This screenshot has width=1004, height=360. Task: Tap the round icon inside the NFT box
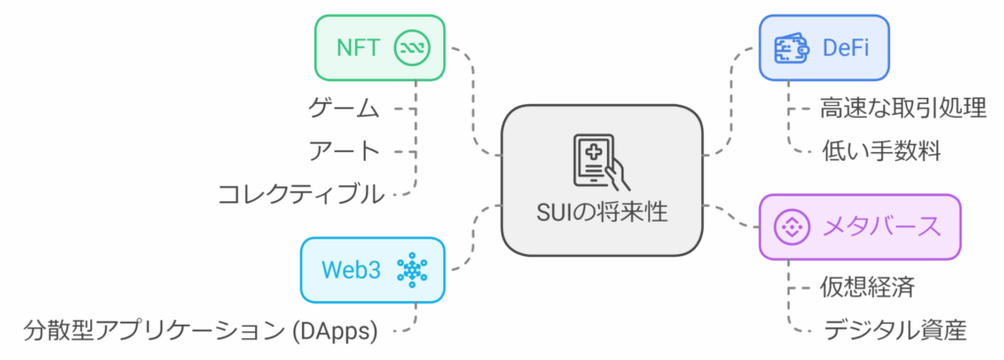411,47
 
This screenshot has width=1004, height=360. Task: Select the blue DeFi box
824,47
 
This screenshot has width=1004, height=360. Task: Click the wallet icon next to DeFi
791,47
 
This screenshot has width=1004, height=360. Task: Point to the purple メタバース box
861,227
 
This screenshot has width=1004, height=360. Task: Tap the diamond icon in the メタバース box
791,228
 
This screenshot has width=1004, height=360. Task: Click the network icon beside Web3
413,269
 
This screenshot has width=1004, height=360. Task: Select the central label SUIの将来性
601,211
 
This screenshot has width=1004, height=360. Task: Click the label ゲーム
344,108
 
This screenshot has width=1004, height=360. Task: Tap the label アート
344,150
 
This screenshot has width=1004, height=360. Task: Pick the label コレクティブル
301,193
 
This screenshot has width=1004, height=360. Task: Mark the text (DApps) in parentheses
335,331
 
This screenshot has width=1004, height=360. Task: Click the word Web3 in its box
351,269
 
